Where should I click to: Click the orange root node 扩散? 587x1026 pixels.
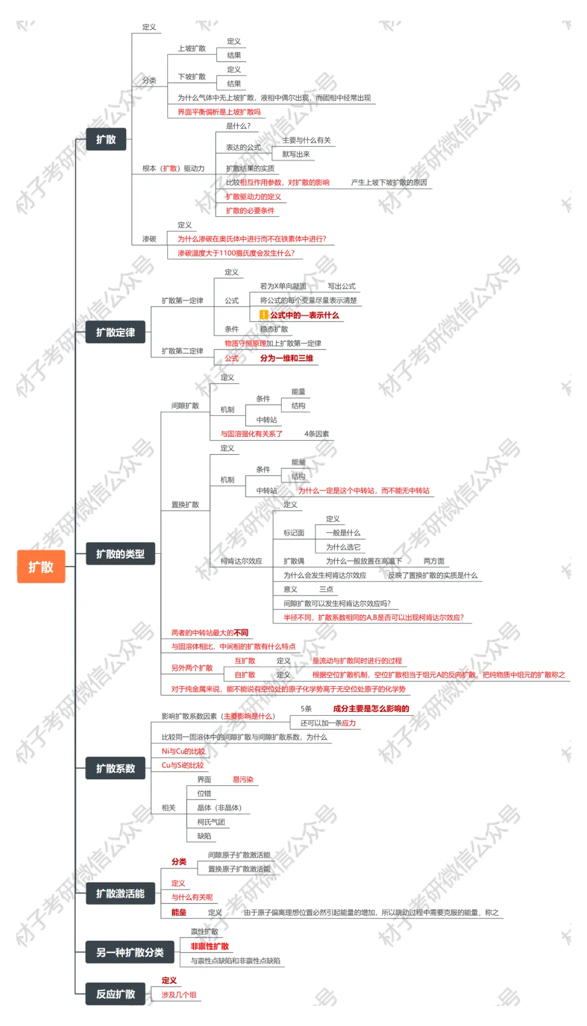point(41,567)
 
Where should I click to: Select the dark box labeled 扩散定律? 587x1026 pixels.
point(115,332)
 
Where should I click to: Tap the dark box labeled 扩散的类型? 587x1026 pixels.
point(120,554)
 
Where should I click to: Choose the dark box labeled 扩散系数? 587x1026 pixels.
point(115,768)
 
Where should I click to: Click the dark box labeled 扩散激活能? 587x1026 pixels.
point(120,893)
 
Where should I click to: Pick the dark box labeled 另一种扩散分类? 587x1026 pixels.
point(130,952)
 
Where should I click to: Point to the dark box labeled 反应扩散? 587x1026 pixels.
point(115,994)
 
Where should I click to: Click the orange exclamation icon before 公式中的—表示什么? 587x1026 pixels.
point(264,315)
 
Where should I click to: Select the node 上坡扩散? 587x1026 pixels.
point(192,48)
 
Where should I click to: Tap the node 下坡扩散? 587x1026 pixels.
point(192,77)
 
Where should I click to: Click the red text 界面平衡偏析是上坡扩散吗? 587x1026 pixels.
point(219,112)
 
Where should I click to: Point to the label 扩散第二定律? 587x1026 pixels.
point(182,351)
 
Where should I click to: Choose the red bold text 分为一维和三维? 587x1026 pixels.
point(286,358)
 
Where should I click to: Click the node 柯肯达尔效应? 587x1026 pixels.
point(241,561)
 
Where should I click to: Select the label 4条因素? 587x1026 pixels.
point(316,434)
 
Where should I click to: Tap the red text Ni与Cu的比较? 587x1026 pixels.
point(183,751)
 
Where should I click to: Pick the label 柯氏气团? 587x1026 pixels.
point(211,822)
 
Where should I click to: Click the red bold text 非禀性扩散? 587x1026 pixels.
point(210,946)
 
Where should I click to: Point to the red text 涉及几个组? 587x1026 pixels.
point(179,995)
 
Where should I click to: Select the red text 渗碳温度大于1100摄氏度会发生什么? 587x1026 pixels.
point(236,253)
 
